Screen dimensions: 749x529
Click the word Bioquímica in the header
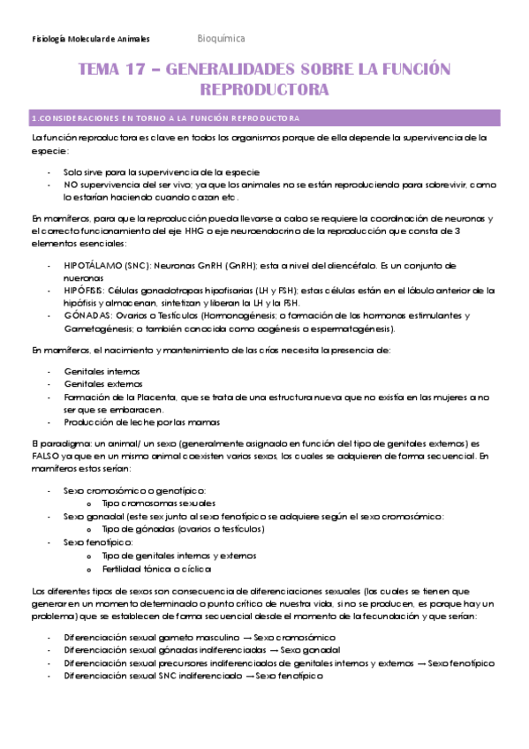221,39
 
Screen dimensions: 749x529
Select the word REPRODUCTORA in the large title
264,90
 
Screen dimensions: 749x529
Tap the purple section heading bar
264,117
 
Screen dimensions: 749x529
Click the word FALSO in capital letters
46,456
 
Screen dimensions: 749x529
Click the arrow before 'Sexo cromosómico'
245,637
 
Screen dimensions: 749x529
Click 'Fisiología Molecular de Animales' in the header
90,40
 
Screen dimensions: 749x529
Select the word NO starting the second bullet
71,185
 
